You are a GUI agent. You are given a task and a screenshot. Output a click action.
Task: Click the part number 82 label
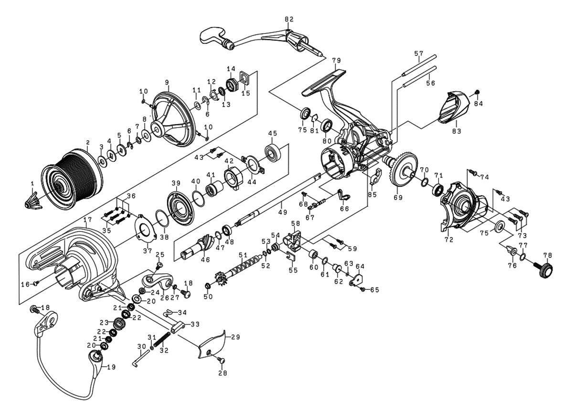pos(289,19)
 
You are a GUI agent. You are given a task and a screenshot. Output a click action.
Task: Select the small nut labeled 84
pos(476,92)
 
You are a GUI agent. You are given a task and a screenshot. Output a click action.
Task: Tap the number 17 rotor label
pos(87,220)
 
